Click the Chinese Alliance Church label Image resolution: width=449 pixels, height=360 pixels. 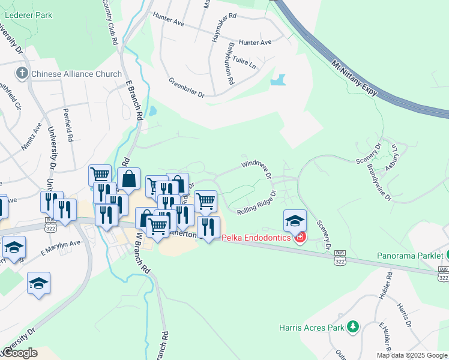(76, 74)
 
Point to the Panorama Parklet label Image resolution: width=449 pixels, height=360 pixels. (409, 255)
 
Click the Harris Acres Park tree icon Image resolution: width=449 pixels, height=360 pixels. (354, 327)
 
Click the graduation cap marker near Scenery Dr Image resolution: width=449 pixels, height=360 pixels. (295, 220)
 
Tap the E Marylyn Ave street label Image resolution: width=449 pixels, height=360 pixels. (61, 247)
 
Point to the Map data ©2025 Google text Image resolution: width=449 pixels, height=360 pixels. (412, 355)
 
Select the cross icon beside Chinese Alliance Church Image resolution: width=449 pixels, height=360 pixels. (22, 74)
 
